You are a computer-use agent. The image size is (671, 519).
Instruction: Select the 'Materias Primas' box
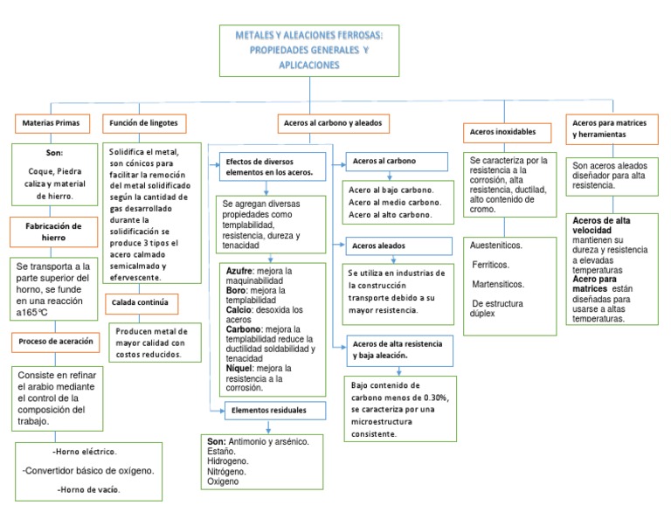coord(50,123)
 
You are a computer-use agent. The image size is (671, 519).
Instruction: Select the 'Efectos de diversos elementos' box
coord(270,167)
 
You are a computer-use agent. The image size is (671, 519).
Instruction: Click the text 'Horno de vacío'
coord(89,489)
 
